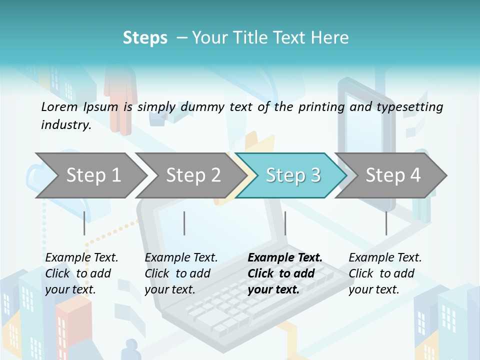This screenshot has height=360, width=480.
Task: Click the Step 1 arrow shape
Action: pyautogui.click(x=93, y=175)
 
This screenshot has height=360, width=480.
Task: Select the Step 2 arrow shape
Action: pyautogui.click(x=193, y=175)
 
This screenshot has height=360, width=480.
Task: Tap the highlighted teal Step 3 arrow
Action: pyautogui.click(x=292, y=175)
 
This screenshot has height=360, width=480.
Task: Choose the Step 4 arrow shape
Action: pyautogui.click(x=393, y=175)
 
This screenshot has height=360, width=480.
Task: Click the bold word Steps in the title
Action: pyautogui.click(x=145, y=38)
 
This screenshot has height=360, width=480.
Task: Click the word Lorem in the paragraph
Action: pyautogui.click(x=59, y=106)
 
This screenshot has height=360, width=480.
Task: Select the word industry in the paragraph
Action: pyautogui.click(x=65, y=124)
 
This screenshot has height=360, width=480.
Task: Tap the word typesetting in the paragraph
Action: pyautogui.click(x=410, y=107)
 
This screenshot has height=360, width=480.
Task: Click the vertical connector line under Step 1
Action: pyautogui.click(x=84, y=223)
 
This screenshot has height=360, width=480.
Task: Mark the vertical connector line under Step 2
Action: pyautogui.click(x=184, y=223)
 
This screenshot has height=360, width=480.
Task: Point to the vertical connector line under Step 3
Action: pyautogui.click(x=285, y=223)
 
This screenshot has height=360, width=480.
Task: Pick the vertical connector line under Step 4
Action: pyautogui.click(x=386, y=223)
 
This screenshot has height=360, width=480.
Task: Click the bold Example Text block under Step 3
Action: pyautogui.click(x=284, y=273)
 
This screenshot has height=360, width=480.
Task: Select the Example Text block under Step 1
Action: pyautogui.click(x=81, y=273)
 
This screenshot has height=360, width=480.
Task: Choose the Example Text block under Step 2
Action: pyautogui.click(x=181, y=273)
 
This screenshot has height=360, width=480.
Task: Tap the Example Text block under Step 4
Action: pyautogui.click(x=385, y=273)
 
